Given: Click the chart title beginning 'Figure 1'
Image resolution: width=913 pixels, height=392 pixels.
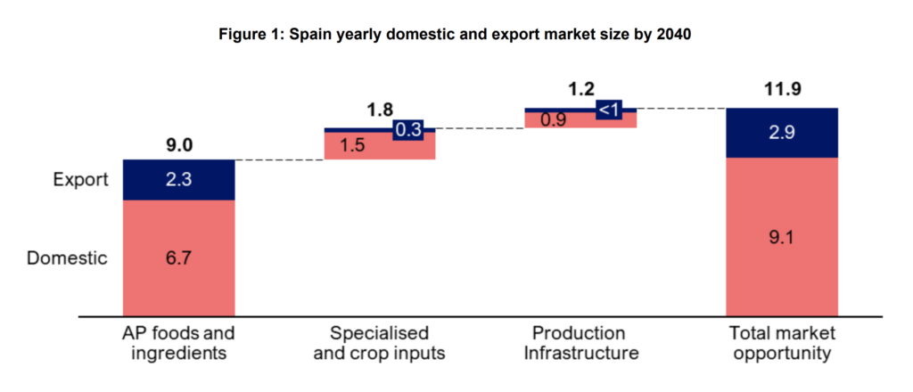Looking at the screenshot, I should tap(456, 37).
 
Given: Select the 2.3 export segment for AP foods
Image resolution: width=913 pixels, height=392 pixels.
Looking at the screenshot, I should tap(178, 180).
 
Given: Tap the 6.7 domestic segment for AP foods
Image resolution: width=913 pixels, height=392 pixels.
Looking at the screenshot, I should tap(178, 258).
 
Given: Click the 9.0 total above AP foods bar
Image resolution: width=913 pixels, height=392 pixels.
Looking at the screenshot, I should tap(178, 143).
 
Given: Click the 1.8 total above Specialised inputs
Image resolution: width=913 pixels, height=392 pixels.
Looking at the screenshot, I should tap(380, 111).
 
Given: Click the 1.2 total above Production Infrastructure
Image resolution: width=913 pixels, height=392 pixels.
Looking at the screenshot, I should tap(580, 90).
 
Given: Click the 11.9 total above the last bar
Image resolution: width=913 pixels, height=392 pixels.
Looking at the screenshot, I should tap(782, 90).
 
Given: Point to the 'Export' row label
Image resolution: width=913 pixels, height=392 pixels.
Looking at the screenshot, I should tap(79, 180).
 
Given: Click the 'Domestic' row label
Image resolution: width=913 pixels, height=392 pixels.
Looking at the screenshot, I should tap(67, 258).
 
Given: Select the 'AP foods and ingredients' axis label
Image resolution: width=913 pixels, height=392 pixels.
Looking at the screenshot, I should tap(178, 343).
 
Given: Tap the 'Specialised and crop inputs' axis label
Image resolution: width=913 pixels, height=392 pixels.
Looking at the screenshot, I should tap(380, 343).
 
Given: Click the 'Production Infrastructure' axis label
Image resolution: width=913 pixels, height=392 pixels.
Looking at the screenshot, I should tap(580, 343).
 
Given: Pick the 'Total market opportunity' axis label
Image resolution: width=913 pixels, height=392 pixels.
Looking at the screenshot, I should tap(782, 343).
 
